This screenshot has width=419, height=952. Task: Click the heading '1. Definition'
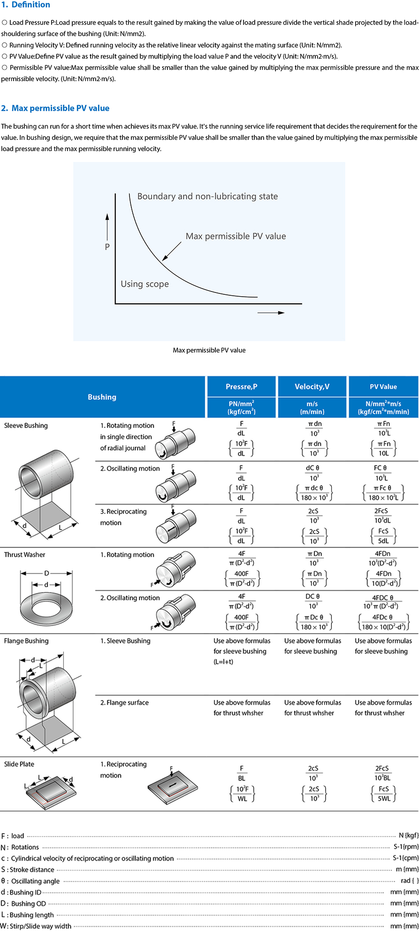(26, 5)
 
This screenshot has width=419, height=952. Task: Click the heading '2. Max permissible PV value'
(55, 108)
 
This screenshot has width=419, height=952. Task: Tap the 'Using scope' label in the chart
(145, 284)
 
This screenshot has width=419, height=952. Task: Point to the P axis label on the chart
(107, 246)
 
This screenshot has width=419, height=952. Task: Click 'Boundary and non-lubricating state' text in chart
(207, 196)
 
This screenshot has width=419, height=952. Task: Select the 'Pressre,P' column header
(241, 387)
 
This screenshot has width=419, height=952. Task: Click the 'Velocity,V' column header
(312, 387)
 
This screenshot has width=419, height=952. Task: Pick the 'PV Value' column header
(383, 387)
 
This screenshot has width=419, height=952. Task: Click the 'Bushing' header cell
(102, 397)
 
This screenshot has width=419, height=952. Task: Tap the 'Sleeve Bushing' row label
(26, 426)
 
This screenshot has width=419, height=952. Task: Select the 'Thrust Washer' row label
(24, 555)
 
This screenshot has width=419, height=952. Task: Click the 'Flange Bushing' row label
(26, 641)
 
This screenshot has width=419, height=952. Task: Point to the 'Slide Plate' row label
(19, 764)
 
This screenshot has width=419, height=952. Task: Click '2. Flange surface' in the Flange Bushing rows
(124, 703)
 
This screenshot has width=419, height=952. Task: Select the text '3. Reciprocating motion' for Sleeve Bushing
(123, 517)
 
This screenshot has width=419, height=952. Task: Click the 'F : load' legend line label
(13, 836)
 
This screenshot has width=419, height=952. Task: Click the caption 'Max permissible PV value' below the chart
(209, 350)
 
